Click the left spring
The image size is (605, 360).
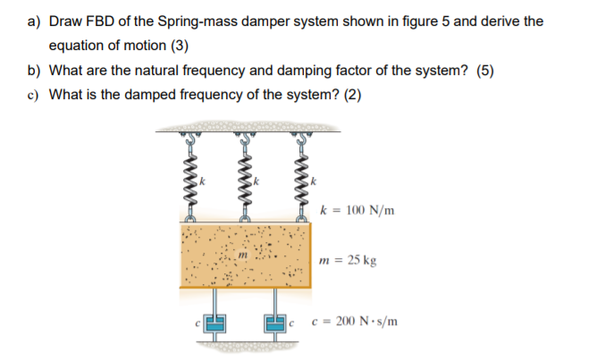click(x=189, y=179)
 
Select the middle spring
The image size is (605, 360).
click(x=244, y=179)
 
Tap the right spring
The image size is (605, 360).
click(x=301, y=179)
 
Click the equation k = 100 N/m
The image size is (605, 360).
click(x=357, y=211)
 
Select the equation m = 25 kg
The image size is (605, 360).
click(x=348, y=262)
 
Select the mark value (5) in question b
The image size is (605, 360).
click(x=486, y=71)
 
